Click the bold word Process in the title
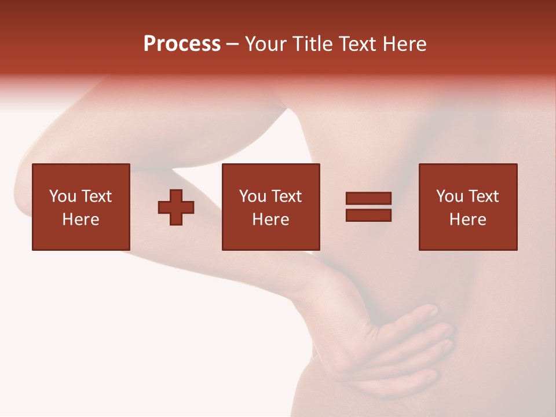click(182, 44)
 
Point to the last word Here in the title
click(405, 44)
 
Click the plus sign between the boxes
click(176, 207)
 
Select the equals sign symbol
click(368, 207)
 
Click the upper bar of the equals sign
click(368, 199)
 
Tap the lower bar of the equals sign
click(368, 215)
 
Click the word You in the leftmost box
click(63, 196)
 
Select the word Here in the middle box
click(271, 220)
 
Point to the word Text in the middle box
click(286, 196)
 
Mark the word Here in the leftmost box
click(81, 220)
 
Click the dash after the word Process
click(233, 45)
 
